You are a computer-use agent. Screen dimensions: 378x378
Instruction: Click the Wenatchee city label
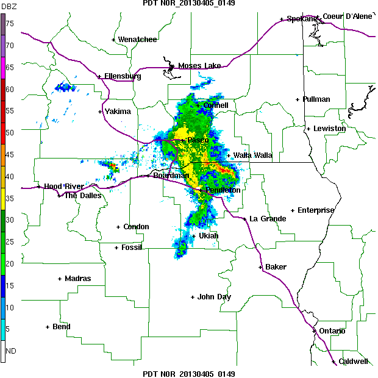click(137, 40)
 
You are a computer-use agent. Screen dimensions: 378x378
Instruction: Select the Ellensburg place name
click(123, 76)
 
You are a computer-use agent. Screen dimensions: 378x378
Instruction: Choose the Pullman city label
click(316, 99)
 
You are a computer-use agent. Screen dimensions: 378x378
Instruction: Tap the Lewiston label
click(330, 129)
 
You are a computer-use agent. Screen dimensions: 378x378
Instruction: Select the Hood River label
click(63, 186)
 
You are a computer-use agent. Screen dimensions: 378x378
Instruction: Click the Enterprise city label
click(316, 210)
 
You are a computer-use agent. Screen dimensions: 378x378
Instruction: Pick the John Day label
click(214, 297)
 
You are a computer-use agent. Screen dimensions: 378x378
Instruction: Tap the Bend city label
click(61, 327)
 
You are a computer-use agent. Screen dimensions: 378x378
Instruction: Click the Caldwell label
click(354, 362)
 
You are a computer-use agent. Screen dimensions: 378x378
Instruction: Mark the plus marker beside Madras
click(60, 279)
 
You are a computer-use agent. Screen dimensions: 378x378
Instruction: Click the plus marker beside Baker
click(260, 267)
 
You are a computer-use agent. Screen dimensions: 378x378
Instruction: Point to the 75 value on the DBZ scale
click(10, 23)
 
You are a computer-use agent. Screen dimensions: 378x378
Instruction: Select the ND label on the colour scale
click(10, 351)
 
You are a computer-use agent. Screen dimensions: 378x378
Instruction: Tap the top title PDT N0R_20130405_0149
click(188, 4)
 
